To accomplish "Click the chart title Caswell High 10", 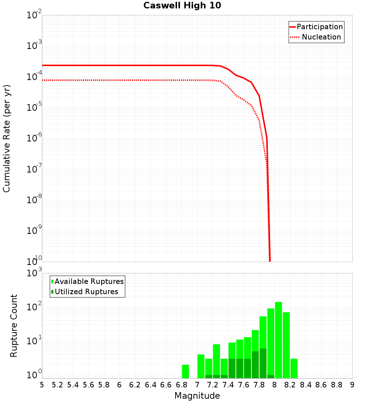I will (x=182, y=5).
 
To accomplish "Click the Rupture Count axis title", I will (x=14, y=325).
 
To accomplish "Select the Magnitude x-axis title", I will (x=197, y=396).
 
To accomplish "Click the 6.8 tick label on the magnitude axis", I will (x=181, y=385).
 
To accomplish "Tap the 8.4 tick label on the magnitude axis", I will (x=306, y=385).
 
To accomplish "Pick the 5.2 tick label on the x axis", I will (x=57, y=385).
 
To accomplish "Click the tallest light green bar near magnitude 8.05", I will (x=278, y=340).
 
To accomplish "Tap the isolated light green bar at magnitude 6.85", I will (x=185, y=371).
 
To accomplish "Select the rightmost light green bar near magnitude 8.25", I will (x=294, y=368).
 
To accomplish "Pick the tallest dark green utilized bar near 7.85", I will (x=263, y=364).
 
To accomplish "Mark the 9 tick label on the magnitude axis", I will (x=352, y=385).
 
